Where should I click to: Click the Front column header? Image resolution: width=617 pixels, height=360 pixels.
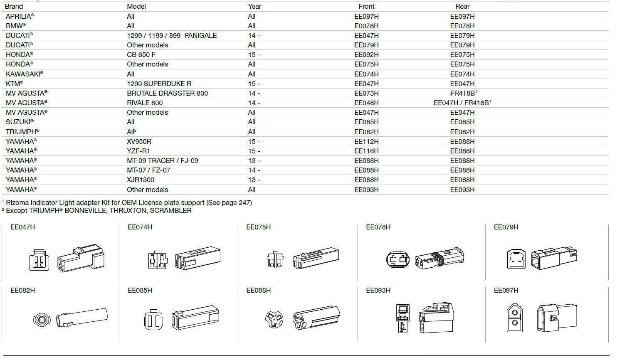(x=366, y=7)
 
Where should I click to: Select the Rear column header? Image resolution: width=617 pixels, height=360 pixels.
(x=462, y=7)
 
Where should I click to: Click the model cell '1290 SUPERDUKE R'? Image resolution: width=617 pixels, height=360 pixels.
(x=159, y=84)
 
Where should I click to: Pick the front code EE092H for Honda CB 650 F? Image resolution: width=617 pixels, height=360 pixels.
(x=366, y=54)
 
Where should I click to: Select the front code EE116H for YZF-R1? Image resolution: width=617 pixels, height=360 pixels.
(x=366, y=151)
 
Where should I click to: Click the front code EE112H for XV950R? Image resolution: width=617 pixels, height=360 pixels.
(x=366, y=141)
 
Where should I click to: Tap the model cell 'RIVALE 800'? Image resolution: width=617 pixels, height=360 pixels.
(x=145, y=103)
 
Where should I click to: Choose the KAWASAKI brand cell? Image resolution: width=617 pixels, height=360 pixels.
(x=24, y=74)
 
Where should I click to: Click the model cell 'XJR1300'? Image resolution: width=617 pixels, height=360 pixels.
(x=141, y=180)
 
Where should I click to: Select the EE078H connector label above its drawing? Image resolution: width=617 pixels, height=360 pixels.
(x=378, y=227)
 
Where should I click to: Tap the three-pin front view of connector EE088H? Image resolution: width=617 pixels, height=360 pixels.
(x=274, y=319)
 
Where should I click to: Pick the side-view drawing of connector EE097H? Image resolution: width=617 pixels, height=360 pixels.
(x=556, y=319)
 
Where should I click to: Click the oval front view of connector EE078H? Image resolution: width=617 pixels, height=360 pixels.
(x=398, y=260)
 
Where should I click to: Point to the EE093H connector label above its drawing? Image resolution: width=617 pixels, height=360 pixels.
(x=378, y=290)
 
